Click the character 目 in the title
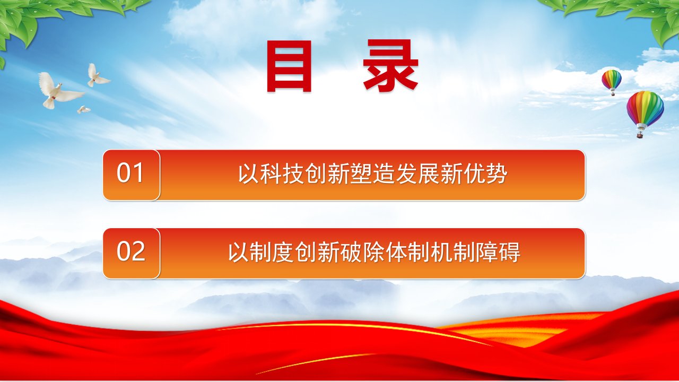point(289,66)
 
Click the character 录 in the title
point(390,66)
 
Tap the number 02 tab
point(131,254)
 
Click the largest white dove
point(60,90)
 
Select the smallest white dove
point(83,109)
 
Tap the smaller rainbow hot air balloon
point(612,82)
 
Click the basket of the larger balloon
point(640,135)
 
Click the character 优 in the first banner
point(474,173)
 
